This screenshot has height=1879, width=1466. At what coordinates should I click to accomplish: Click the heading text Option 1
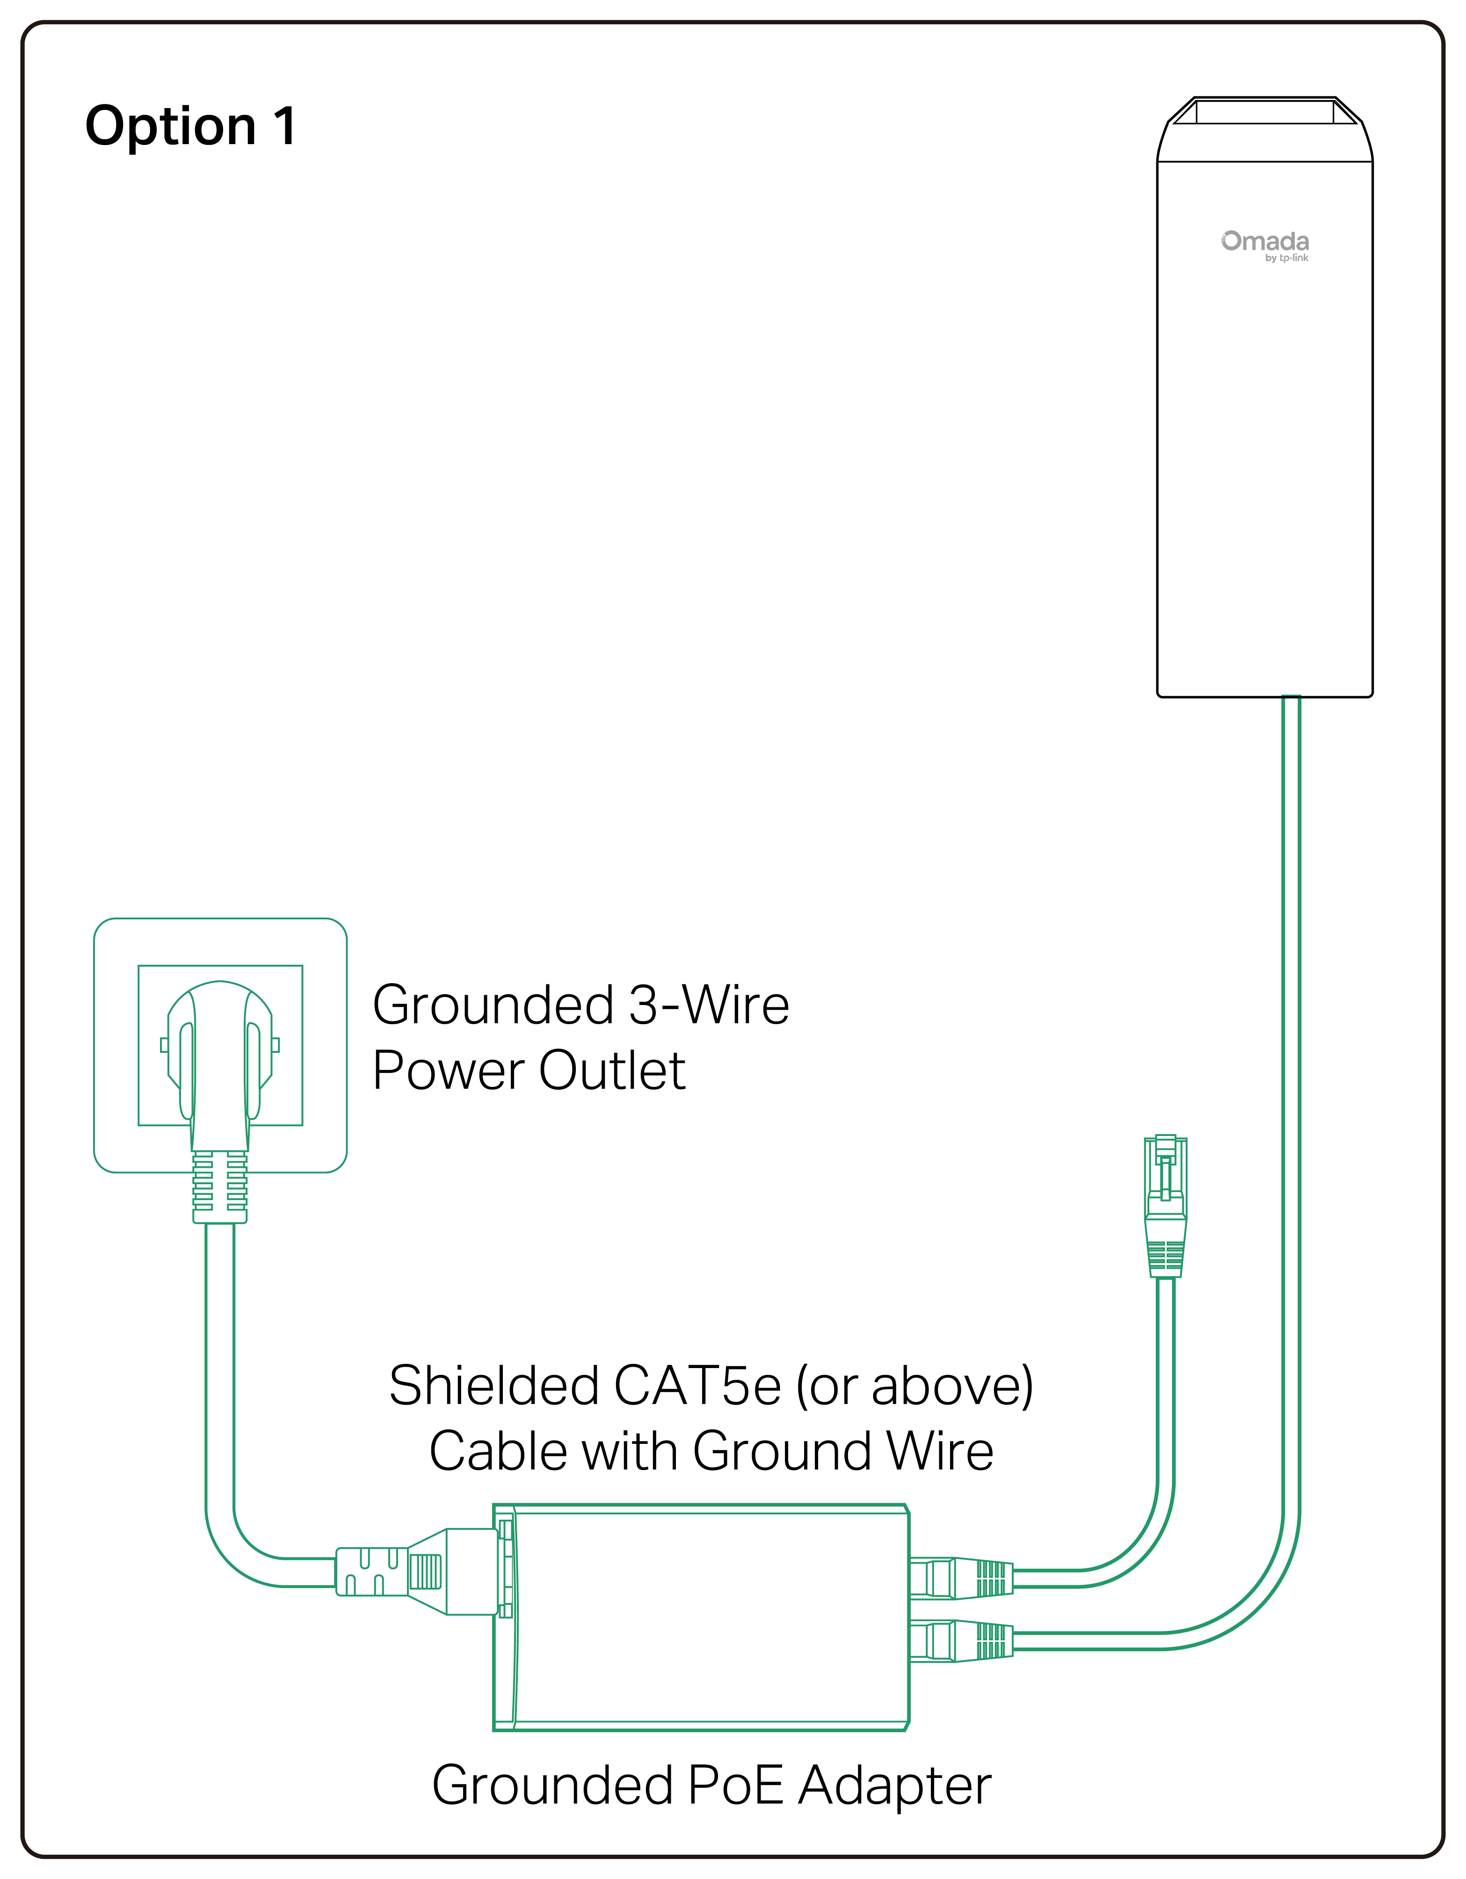point(191,126)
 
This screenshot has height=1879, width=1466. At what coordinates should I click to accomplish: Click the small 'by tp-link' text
point(1286,258)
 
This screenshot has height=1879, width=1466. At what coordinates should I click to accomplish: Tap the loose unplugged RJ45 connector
point(1166,1204)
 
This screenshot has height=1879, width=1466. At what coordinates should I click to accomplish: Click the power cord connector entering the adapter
point(413,1571)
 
